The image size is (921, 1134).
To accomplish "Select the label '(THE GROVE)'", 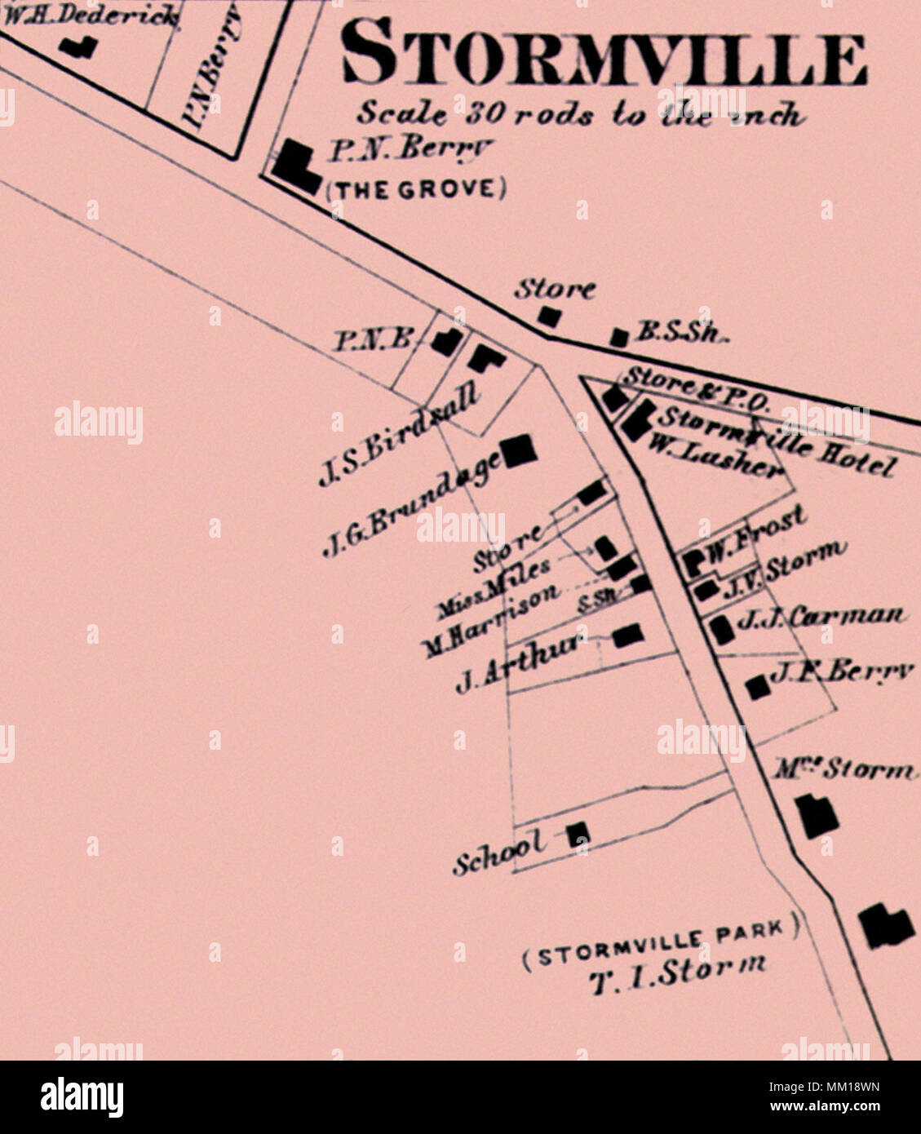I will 415,189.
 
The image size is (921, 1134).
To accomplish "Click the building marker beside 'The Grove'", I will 294,166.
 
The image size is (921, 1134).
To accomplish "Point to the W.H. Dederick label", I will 90,15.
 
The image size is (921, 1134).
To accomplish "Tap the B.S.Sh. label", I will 680,332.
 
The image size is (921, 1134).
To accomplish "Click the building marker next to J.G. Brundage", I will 520,451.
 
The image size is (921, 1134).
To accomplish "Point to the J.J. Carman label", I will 819,618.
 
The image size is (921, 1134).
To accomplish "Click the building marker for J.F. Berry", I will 758,687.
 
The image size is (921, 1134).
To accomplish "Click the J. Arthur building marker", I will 627,635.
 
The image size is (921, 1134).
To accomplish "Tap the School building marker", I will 578,832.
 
